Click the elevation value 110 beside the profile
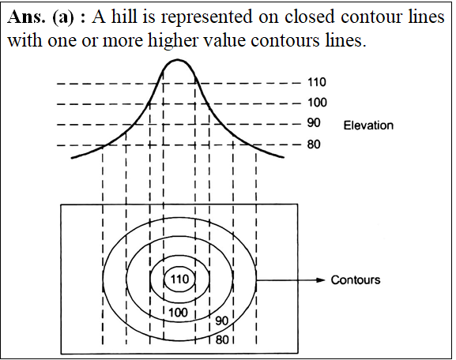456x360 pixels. pyautogui.click(x=317, y=82)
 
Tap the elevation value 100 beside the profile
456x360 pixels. pyautogui.click(x=317, y=103)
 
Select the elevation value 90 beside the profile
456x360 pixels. pyautogui.click(x=314, y=123)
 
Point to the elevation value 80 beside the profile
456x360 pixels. pyautogui.click(x=314, y=144)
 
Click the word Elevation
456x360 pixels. pyautogui.click(x=368, y=126)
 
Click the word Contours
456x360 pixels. pyautogui.click(x=356, y=279)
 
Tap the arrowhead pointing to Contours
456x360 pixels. pyautogui.click(x=321, y=280)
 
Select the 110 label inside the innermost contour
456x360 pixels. pyautogui.click(x=179, y=279)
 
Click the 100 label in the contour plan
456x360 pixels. pyautogui.click(x=178, y=313)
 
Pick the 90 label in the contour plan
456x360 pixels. pyautogui.click(x=221, y=321)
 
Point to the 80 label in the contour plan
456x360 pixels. pyautogui.click(x=222, y=339)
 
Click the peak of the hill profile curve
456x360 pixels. pyautogui.click(x=177, y=60)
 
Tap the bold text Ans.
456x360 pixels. pyautogui.click(x=26, y=17)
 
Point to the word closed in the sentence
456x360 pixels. pyautogui.click(x=309, y=17)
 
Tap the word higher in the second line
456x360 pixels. pyautogui.click(x=173, y=41)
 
